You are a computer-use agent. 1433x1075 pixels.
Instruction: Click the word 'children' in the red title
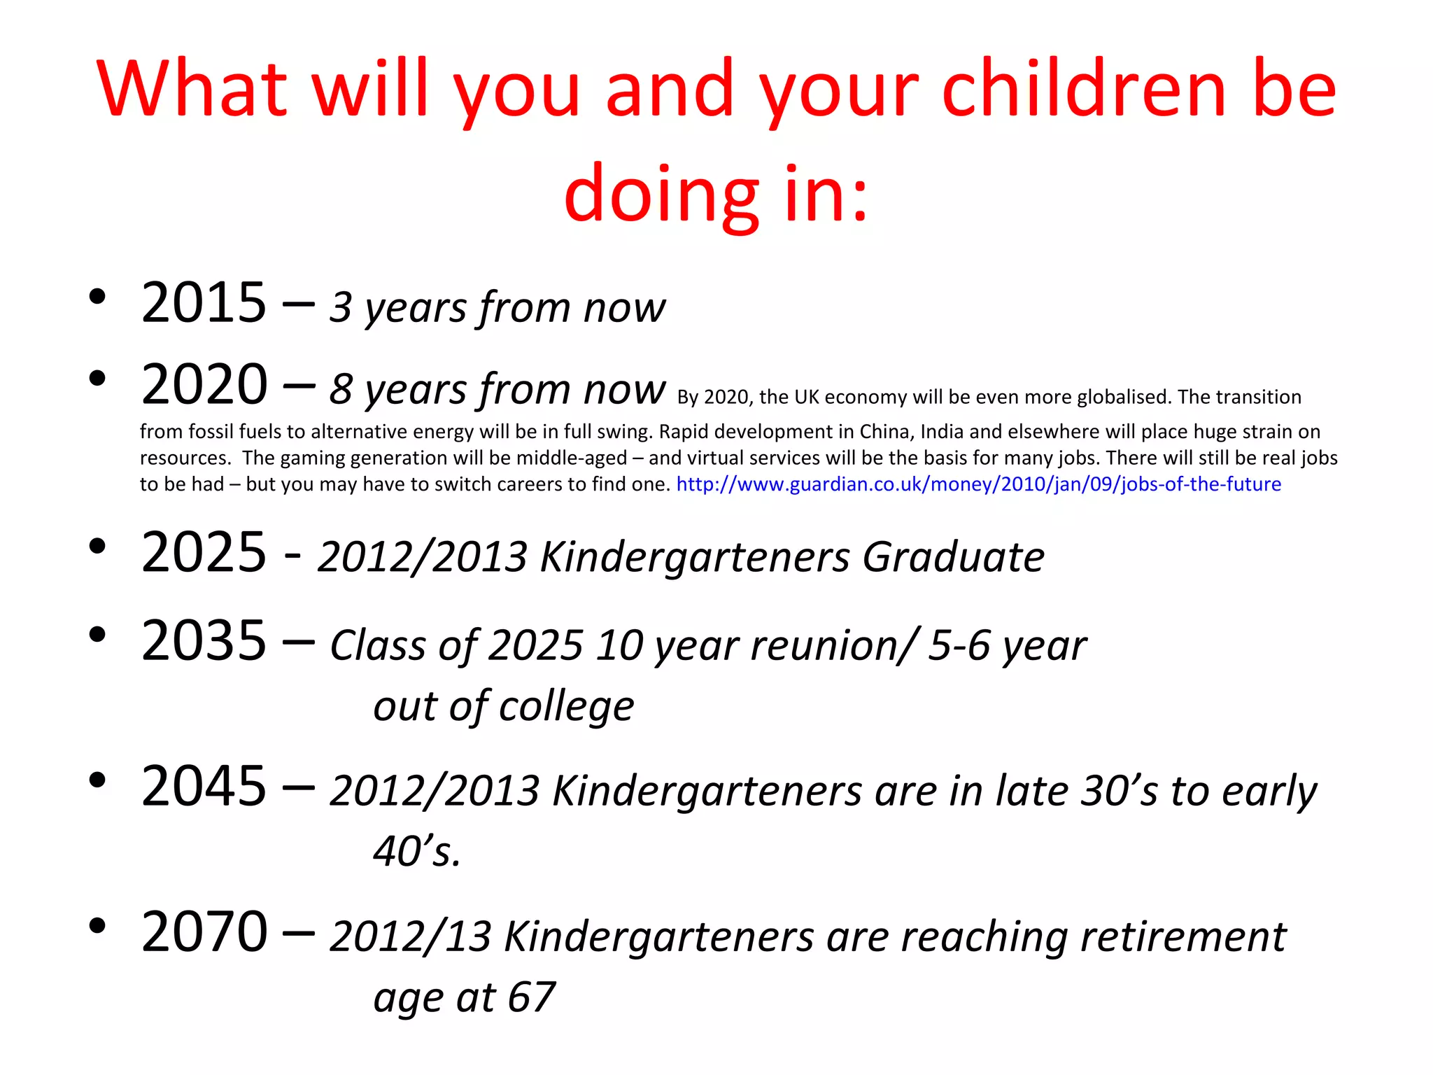click(1084, 89)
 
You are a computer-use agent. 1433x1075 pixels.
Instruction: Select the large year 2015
click(204, 302)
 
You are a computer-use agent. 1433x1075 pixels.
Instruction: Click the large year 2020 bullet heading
click(204, 385)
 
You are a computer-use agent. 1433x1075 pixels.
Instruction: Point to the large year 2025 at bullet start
click(204, 552)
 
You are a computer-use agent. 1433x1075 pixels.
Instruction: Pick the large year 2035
click(204, 640)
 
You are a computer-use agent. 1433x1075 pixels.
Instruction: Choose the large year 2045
click(204, 786)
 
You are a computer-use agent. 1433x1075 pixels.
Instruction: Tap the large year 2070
click(204, 932)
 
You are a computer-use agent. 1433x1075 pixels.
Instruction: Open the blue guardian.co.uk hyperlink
click(978, 484)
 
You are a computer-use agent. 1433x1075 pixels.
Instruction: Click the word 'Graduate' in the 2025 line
click(953, 557)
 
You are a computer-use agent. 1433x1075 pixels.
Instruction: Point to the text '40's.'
click(417, 852)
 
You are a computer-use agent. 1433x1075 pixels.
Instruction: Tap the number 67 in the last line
click(531, 997)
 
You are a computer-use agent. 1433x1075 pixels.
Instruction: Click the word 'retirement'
click(1183, 936)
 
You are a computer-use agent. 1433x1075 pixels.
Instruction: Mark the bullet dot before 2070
click(97, 926)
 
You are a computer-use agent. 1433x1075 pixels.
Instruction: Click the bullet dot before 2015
click(97, 297)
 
